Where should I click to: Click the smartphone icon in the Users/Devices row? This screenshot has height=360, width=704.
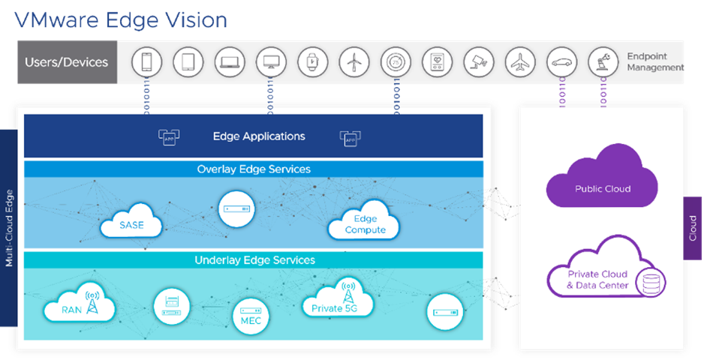pos(146,62)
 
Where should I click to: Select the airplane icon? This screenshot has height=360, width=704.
pos(519,62)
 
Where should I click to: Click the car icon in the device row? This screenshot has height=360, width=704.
pos(561,62)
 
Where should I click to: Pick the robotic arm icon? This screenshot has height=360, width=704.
pos(602,62)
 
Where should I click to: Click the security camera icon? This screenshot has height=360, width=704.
pos(478,62)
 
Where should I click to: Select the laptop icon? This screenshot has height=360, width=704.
pos(229,62)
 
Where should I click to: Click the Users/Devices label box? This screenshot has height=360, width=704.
pos(67,62)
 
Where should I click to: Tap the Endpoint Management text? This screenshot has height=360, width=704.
pos(655,62)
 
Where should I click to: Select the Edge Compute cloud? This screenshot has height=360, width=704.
pos(365,223)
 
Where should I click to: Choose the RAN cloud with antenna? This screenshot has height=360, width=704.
pos(78,306)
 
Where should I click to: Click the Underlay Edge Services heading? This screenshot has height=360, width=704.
pos(254,260)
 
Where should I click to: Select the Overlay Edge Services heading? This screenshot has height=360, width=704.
pos(254,169)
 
